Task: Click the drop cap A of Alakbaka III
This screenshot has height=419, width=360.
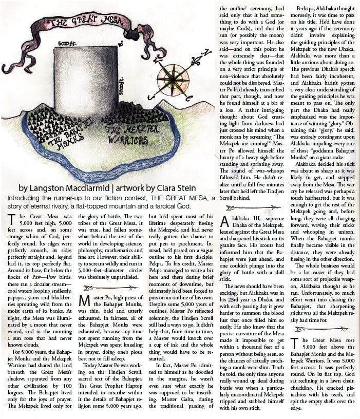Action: point(225,222)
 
